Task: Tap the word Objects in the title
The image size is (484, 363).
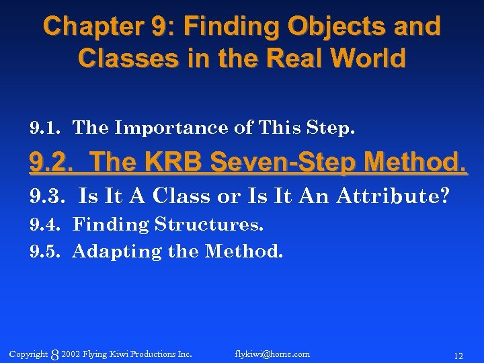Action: [x=314, y=27]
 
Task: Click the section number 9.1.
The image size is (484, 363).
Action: [x=46, y=127]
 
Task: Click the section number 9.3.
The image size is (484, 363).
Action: [x=47, y=196]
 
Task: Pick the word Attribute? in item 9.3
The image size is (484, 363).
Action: [x=392, y=196]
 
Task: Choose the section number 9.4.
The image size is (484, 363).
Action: [x=46, y=224]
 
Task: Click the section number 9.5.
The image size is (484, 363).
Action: [x=46, y=251]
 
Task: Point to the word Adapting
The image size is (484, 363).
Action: [x=117, y=252]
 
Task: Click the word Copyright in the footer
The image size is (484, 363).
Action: [x=29, y=354]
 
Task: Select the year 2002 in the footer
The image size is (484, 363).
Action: [x=70, y=354]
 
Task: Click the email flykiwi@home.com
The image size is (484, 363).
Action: [x=272, y=354]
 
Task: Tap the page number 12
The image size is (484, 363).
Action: [x=458, y=355]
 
